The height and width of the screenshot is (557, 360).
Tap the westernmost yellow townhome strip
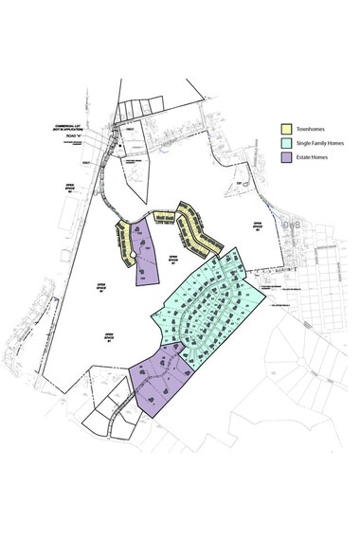(122, 244)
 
